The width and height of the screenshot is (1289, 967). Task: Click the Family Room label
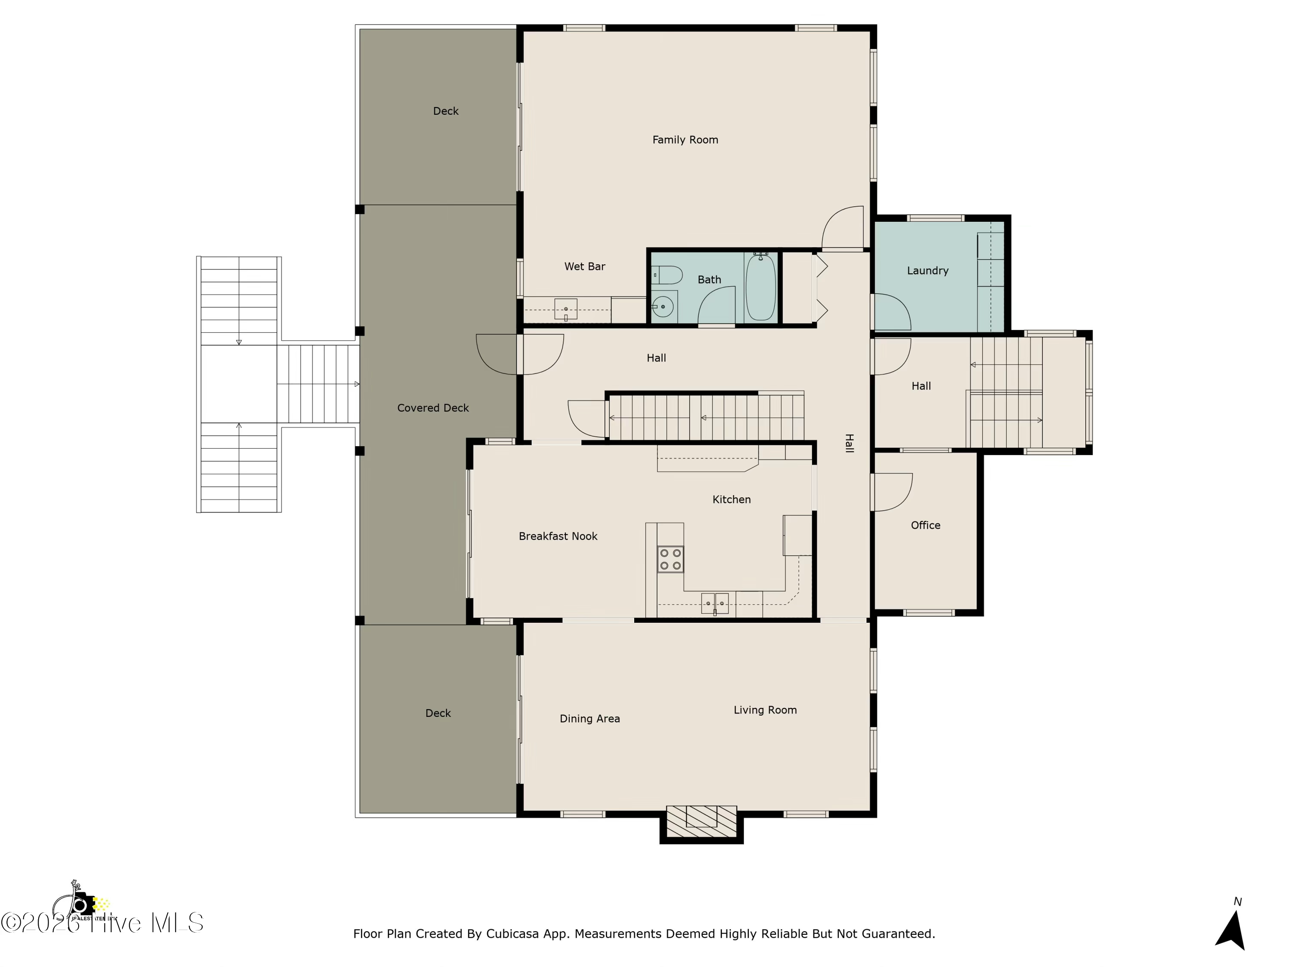click(685, 140)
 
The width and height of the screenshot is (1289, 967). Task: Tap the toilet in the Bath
click(667, 275)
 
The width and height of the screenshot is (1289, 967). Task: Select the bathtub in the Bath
click(761, 287)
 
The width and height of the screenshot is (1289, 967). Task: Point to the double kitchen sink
click(715, 603)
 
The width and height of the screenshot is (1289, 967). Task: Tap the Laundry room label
click(927, 270)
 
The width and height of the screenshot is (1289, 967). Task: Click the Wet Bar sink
click(565, 309)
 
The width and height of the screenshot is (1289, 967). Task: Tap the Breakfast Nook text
click(558, 536)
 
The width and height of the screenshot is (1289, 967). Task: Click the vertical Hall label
click(849, 443)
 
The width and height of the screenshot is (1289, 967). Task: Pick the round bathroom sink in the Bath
click(663, 306)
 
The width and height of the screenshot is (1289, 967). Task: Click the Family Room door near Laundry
click(843, 227)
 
